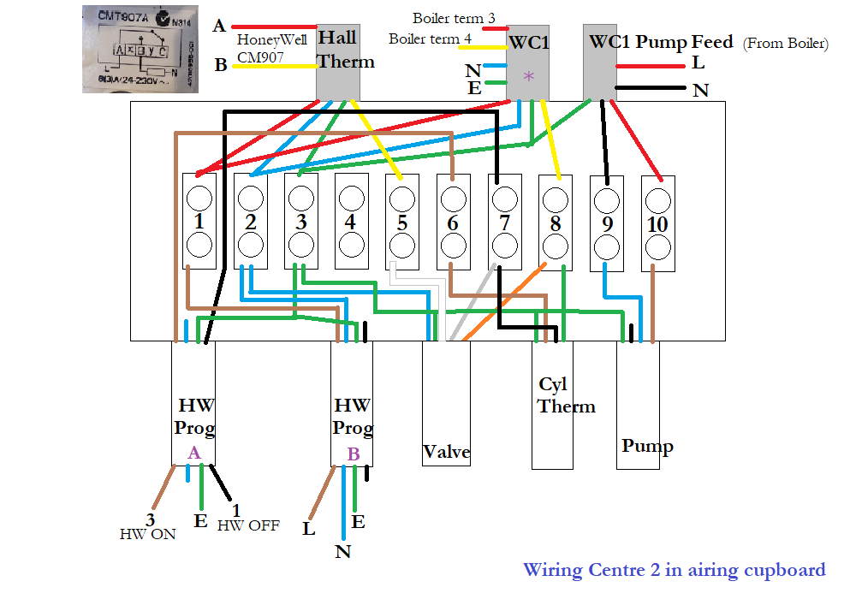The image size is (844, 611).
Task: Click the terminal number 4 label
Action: (x=349, y=222)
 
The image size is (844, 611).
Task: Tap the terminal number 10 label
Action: (x=657, y=224)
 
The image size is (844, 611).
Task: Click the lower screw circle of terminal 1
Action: (x=199, y=246)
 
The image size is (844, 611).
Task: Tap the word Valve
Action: (x=446, y=452)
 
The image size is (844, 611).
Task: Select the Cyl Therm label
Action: (x=565, y=394)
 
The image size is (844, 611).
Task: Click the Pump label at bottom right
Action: (x=646, y=446)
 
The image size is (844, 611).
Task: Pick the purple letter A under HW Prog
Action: (x=193, y=453)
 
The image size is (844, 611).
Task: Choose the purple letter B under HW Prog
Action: (x=353, y=454)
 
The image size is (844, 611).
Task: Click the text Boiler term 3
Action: (x=454, y=18)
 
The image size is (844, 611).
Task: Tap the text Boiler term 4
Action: (x=430, y=39)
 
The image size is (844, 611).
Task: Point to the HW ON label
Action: (x=147, y=533)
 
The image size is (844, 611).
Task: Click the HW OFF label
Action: (x=248, y=525)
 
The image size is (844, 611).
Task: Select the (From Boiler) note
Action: (x=785, y=44)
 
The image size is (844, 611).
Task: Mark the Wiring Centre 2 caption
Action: (x=674, y=570)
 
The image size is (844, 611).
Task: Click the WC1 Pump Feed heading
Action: (x=660, y=41)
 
